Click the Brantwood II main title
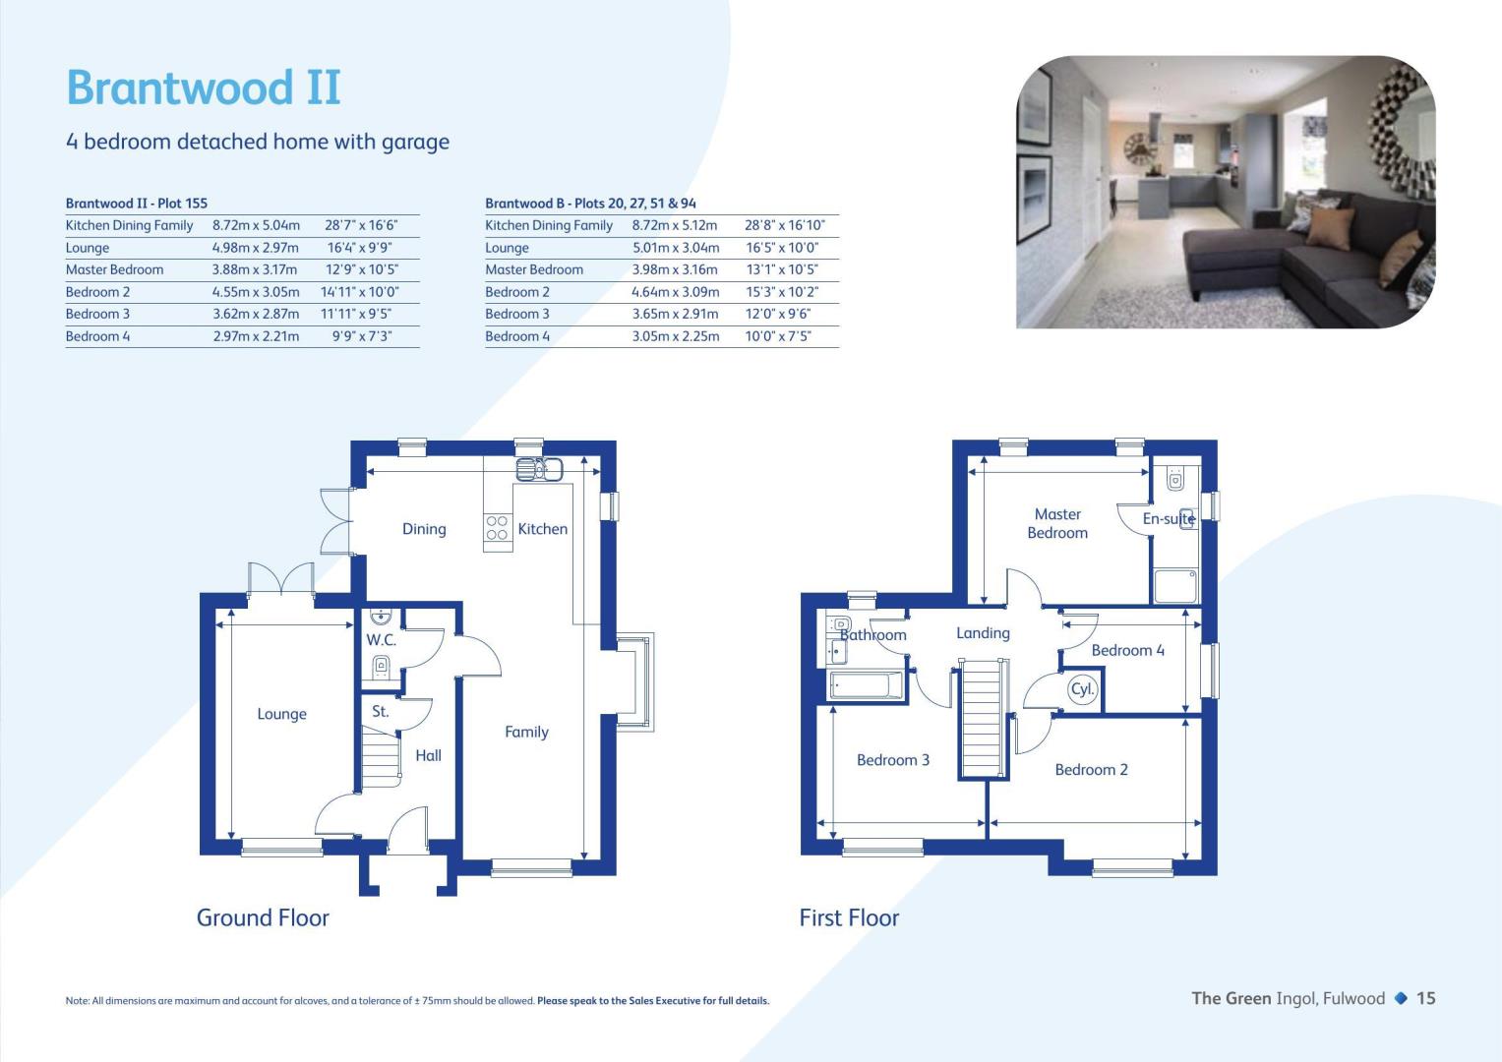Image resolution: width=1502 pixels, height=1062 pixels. (204, 88)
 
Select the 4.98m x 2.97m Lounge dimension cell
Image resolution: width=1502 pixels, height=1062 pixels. (256, 248)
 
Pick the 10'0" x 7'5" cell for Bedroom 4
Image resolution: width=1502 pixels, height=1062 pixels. (778, 336)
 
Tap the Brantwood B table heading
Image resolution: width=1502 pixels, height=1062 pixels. (590, 204)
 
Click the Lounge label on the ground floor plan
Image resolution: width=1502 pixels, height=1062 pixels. (281, 714)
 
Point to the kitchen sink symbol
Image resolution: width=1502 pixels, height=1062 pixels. (539, 469)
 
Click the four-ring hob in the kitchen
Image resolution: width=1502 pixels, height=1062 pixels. (497, 528)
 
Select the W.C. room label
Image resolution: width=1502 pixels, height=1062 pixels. (381, 639)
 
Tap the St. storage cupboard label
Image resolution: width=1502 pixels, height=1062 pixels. (381, 711)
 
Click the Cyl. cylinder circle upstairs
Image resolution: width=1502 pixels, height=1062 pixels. (1082, 689)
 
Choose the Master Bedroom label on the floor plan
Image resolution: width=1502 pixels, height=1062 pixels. (1057, 523)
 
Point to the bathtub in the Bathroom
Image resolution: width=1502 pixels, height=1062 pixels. (865, 685)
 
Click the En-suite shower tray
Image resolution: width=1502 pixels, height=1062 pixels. (1174, 586)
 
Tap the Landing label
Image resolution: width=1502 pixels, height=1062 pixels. (983, 633)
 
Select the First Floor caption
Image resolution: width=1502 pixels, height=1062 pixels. (849, 917)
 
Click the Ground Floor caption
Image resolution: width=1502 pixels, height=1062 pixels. (263, 917)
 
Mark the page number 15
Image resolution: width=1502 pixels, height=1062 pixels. (1425, 998)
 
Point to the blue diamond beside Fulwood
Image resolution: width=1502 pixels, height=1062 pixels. (1401, 998)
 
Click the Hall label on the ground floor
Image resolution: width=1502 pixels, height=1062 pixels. (429, 755)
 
